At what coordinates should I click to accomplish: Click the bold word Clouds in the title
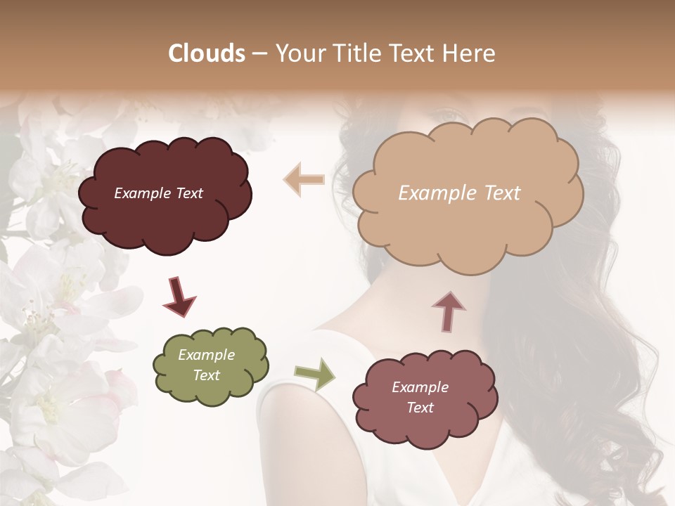[x=207, y=53]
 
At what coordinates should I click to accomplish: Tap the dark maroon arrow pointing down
[x=179, y=297]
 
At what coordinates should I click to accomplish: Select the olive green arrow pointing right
[x=314, y=374]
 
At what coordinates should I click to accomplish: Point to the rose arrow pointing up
[x=449, y=310]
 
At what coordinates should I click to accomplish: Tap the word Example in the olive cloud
[x=207, y=355]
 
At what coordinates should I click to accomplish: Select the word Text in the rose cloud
[x=420, y=408]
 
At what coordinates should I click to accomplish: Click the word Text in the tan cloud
[x=502, y=193]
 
